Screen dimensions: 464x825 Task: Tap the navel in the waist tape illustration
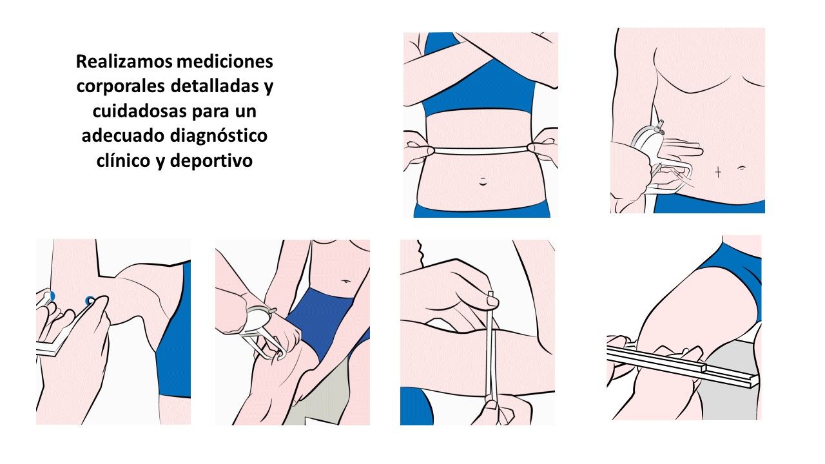(481, 181)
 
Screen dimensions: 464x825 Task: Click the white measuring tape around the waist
(480, 150)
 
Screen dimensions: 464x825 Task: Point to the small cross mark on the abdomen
(718, 171)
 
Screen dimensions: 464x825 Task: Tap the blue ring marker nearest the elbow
(90, 300)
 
